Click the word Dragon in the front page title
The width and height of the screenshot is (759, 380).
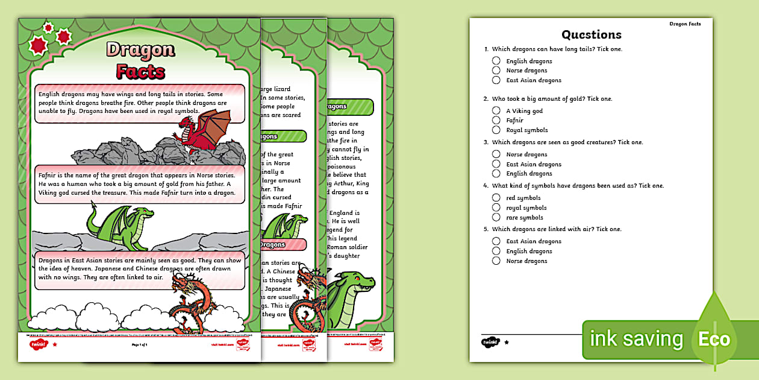click(140, 50)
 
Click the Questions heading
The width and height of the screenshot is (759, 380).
click(591, 34)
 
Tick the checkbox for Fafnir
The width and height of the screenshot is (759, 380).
click(496, 120)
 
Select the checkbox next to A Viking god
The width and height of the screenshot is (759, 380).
click(496, 110)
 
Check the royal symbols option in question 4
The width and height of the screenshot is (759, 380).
click(496, 207)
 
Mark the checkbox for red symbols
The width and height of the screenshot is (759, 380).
click(496, 197)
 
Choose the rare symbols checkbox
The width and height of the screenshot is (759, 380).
click(496, 217)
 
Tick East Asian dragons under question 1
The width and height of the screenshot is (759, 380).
click(496, 80)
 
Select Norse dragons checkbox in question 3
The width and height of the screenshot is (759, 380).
click(496, 154)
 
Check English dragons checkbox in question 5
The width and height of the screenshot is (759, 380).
click(496, 251)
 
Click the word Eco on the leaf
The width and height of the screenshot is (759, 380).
click(714, 339)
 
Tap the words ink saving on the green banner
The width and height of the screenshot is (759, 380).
click(636, 339)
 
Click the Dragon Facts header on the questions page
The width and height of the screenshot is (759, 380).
click(685, 24)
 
